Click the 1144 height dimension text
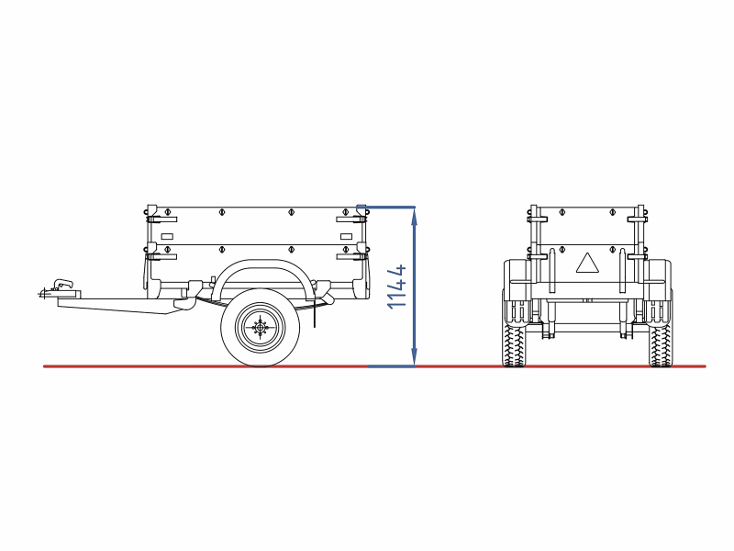click(397, 287)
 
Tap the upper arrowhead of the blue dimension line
click(415, 217)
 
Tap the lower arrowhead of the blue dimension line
click(415, 356)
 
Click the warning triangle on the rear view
click(587, 264)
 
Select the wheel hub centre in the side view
click(261, 327)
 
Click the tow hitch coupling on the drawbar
click(60, 288)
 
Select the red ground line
click(374, 366)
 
